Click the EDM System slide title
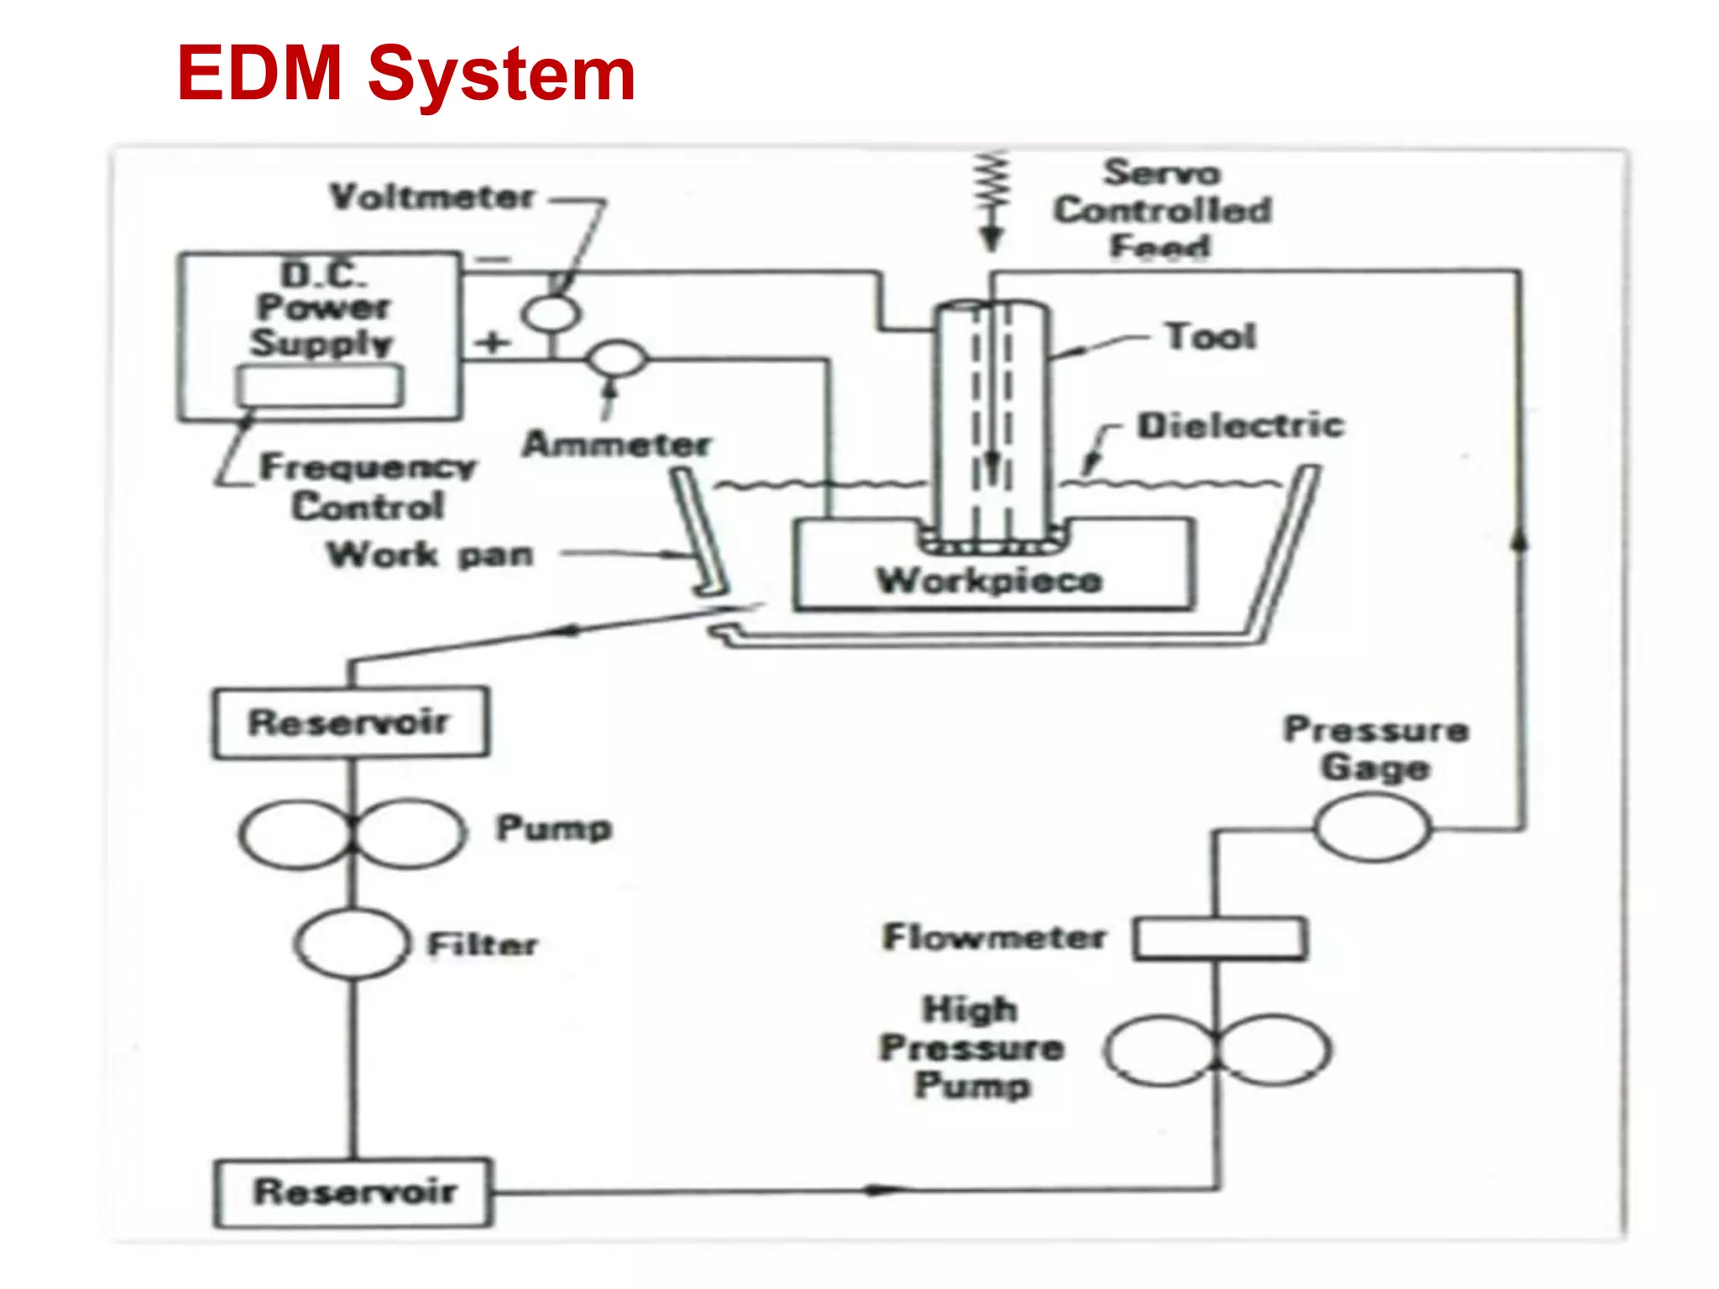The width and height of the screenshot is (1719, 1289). [x=405, y=74]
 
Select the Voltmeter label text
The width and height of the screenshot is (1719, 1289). [x=431, y=198]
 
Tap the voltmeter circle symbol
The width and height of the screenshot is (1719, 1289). [x=551, y=314]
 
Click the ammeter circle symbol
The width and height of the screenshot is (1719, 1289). [x=618, y=359]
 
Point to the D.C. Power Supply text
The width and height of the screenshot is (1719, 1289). [x=322, y=309]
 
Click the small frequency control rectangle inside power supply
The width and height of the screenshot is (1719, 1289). [x=319, y=386]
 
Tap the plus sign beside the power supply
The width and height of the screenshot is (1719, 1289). [x=493, y=342]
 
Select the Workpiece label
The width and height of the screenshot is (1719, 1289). [x=989, y=581]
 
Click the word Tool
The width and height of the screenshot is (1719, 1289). [x=1210, y=337]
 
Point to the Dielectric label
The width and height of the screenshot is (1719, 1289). [x=1241, y=425]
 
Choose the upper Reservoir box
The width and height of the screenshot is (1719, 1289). [x=350, y=723]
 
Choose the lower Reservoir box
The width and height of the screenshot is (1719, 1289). [x=353, y=1192]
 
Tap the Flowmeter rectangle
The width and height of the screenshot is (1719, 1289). [x=1220, y=939]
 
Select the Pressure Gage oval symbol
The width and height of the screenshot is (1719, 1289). [x=1372, y=829]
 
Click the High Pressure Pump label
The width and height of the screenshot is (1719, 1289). [x=972, y=1047]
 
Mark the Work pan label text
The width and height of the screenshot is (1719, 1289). [x=431, y=555]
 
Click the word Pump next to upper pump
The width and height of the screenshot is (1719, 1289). [x=554, y=828]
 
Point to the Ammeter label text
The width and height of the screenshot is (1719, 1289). [x=617, y=444]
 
